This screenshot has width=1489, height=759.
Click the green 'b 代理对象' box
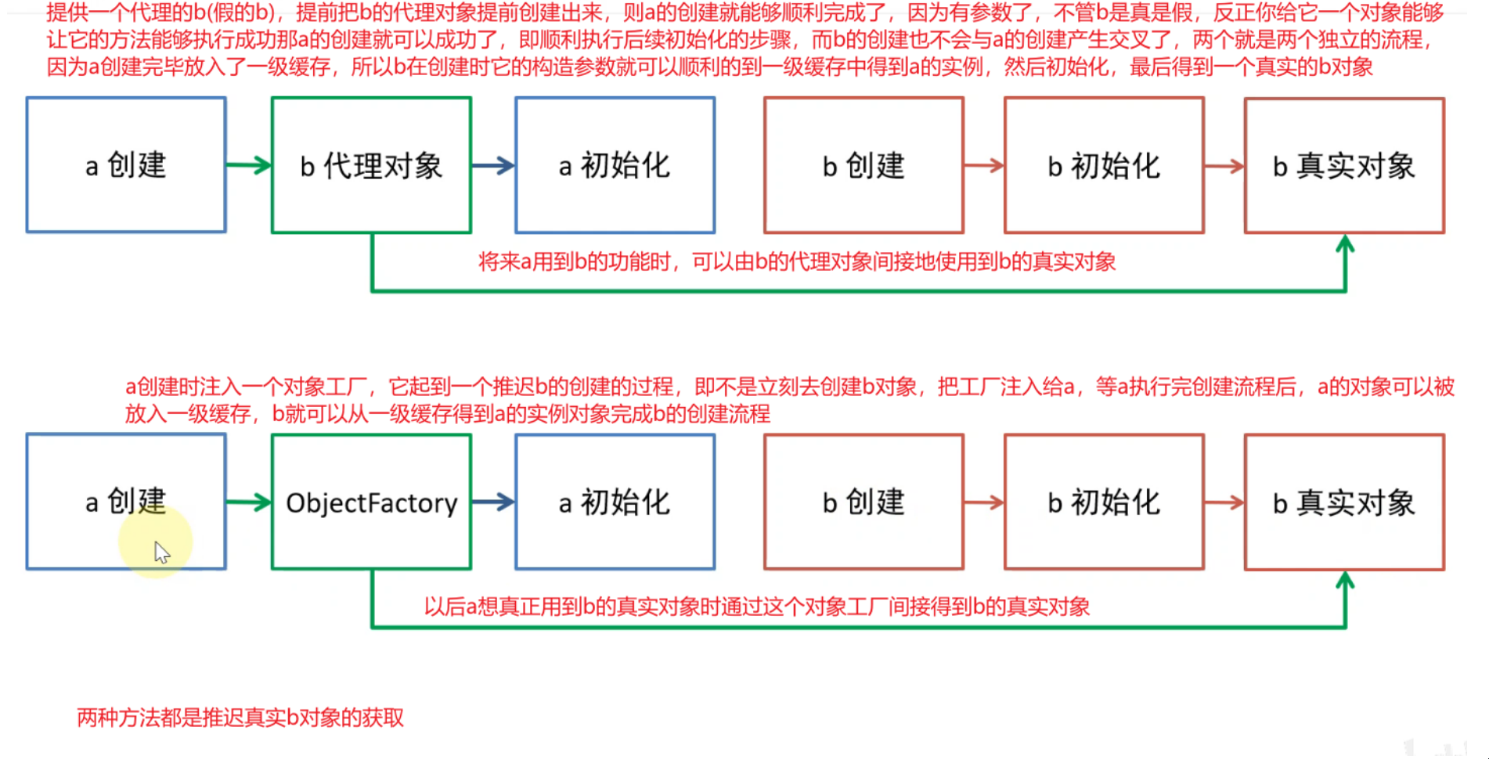(x=371, y=165)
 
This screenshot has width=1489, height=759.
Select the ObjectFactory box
(x=371, y=502)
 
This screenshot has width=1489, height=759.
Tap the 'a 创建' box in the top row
(x=126, y=165)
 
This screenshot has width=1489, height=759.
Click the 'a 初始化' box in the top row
(x=615, y=165)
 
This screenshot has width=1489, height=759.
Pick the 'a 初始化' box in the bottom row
(x=615, y=502)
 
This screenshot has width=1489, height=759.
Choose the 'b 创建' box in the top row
(x=863, y=165)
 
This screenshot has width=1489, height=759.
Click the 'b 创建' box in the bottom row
(x=863, y=502)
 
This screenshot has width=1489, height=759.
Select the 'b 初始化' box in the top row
(x=1104, y=165)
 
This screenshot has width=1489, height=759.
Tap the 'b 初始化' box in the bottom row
(x=1104, y=502)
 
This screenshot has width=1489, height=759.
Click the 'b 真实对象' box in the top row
(x=1344, y=165)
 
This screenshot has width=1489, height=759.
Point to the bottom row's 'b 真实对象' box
(x=1344, y=502)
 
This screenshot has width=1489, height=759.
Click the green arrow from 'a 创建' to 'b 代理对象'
(x=249, y=165)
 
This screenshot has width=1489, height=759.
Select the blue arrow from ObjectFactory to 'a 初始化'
(x=493, y=502)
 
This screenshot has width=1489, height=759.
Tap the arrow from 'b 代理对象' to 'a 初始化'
(x=493, y=165)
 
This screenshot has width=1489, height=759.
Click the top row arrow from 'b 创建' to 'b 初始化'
(x=984, y=165)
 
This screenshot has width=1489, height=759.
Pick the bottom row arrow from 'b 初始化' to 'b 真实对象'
(x=1224, y=502)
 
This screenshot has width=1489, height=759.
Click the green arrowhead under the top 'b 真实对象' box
(x=1345, y=245)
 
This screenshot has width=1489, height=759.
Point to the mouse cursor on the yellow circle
(x=161, y=552)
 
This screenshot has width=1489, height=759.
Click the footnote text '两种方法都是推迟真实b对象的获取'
(x=240, y=718)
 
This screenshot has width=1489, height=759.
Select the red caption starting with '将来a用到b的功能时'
(x=797, y=261)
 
